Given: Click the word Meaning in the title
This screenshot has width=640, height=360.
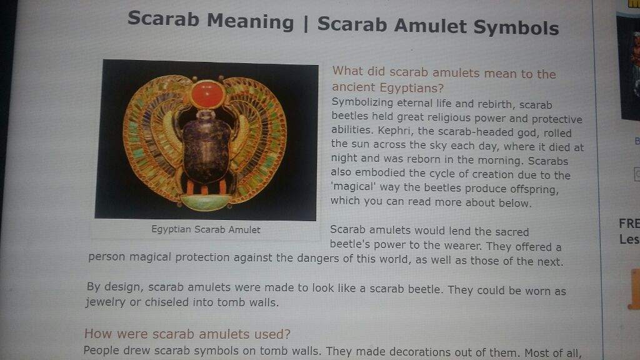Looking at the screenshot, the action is click(x=250, y=22).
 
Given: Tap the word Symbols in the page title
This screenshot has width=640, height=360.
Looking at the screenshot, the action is click(x=516, y=27).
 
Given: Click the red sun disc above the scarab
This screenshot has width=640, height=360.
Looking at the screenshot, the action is click(x=207, y=94).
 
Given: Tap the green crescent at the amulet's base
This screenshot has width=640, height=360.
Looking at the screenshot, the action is click(x=206, y=202).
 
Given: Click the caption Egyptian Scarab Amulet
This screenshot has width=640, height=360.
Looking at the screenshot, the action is click(x=206, y=229).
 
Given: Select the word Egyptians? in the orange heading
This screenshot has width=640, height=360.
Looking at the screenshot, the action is click(x=411, y=87).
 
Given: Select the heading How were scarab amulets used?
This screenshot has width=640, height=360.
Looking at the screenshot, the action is click(x=187, y=334).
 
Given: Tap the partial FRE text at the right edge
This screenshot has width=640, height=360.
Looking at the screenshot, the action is click(x=629, y=224).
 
